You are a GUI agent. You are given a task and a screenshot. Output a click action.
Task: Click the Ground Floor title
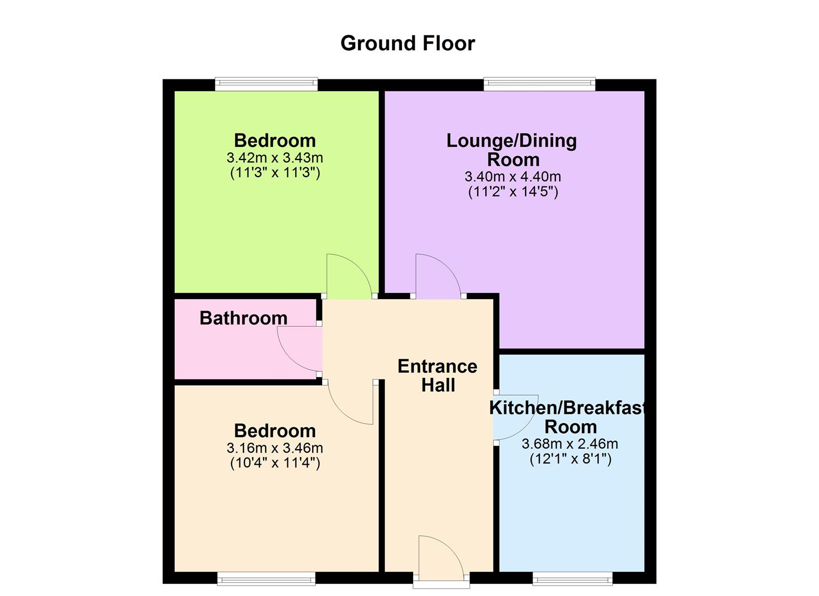pyautogui.click(x=407, y=43)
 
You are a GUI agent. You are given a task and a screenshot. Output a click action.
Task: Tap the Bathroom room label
pyautogui.click(x=243, y=318)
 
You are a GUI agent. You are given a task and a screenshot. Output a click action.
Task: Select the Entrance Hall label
pyautogui.click(x=437, y=375)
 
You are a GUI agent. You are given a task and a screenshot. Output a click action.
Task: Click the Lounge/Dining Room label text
pyautogui.click(x=512, y=150)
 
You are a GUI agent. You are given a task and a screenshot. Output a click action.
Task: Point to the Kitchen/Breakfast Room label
pyautogui.click(x=568, y=417)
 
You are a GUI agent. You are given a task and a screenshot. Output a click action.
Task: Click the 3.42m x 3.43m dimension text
pyautogui.click(x=275, y=158)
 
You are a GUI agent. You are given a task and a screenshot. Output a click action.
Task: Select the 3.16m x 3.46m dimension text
pyautogui.click(x=275, y=448)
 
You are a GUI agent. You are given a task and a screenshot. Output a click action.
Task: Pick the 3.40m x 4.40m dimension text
pyautogui.click(x=513, y=177)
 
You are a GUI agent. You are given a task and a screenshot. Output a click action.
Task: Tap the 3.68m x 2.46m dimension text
pyautogui.click(x=570, y=444)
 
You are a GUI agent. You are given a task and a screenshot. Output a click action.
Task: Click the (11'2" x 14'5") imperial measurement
pyautogui.click(x=513, y=192)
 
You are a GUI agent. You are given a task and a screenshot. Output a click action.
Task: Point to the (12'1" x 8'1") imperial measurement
pyautogui.click(x=570, y=459)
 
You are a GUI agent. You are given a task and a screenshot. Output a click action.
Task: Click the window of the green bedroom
pyautogui.click(x=266, y=84)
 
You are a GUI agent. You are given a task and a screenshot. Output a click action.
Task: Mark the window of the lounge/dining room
pyautogui.click(x=539, y=84)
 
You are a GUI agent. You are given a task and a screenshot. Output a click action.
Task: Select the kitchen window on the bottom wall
pyautogui.click(x=572, y=578)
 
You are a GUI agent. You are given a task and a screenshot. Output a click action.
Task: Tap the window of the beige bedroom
pyautogui.click(x=266, y=578)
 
